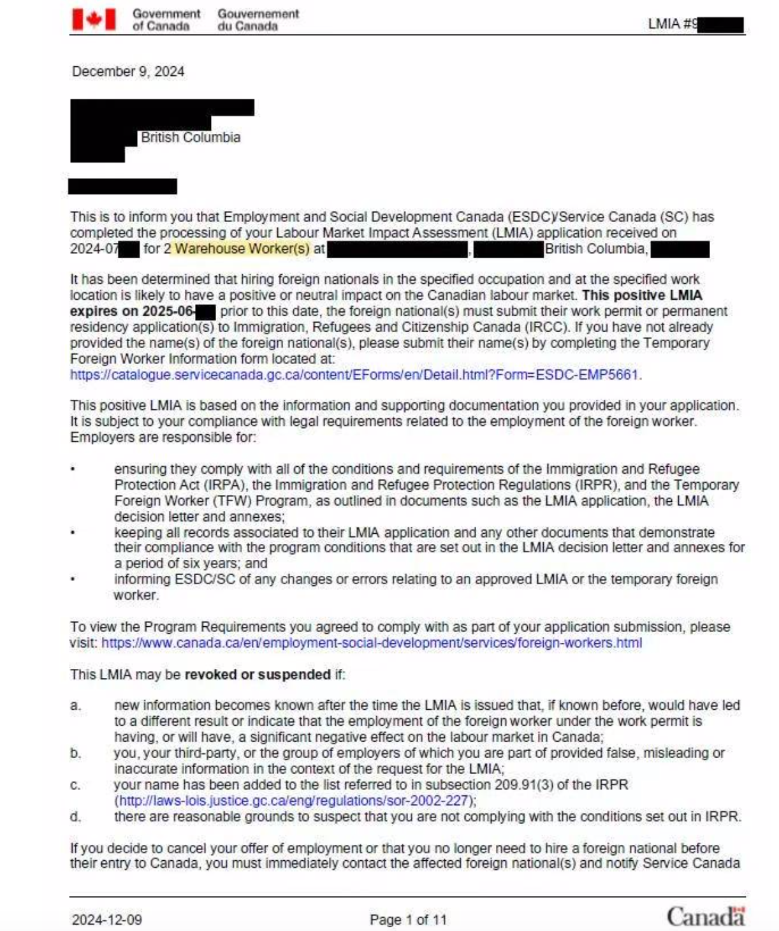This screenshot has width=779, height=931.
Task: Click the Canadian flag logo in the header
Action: click(x=94, y=19)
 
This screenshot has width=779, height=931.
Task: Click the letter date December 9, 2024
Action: click(x=128, y=71)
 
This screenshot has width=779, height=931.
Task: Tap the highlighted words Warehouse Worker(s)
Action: click(x=242, y=249)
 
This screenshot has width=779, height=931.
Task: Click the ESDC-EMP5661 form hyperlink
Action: click(x=355, y=375)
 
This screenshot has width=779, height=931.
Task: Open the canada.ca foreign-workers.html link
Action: click(x=372, y=643)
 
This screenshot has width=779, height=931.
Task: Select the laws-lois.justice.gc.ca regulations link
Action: click(x=295, y=800)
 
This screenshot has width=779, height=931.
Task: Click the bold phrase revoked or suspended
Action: click(x=258, y=675)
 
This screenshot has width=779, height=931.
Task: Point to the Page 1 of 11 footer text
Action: click(x=408, y=920)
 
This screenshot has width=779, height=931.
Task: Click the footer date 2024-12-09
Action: click(x=106, y=920)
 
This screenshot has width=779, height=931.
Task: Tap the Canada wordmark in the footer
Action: click(x=706, y=916)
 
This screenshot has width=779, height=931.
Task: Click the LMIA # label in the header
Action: click(x=671, y=24)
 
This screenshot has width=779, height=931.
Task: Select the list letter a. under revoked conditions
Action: click(x=76, y=706)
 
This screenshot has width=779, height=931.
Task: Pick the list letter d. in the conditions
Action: click(x=76, y=817)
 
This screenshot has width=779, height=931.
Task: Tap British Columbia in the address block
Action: click(x=191, y=138)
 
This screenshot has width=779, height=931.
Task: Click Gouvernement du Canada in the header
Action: click(x=258, y=20)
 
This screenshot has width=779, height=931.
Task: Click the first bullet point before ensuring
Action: click(x=73, y=469)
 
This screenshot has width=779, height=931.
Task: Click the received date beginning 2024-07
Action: click(x=94, y=249)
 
